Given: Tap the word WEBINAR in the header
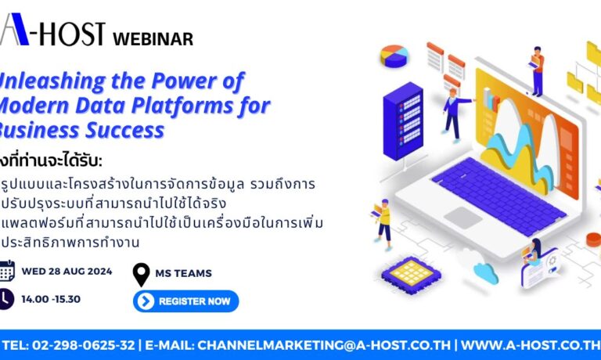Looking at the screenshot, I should [153, 38].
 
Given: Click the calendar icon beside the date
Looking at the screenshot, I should [7, 271].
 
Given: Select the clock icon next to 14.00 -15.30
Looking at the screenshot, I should [5, 299].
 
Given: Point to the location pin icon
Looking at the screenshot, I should [142, 274].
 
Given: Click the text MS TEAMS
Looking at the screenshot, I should [184, 273].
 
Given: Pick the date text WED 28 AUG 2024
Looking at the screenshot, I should [67, 272].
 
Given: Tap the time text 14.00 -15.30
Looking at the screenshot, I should [51, 299].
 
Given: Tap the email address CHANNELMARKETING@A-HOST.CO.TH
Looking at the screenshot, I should [324, 345].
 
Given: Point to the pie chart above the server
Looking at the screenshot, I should [395, 56].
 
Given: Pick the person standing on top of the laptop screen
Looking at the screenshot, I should [537, 71].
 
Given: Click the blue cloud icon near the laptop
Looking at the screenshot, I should [484, 272].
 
